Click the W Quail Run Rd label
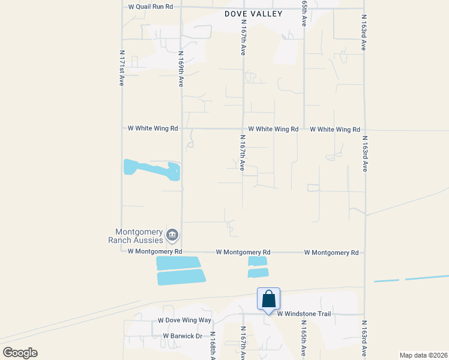coord(151,7)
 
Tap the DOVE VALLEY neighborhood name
coord(253,13)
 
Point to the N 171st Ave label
coord(122,68)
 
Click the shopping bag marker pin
coord(268,299)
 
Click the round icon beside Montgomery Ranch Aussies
coord(172,235)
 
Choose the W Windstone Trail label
coord(304,313)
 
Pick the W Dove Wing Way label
coord(184,321)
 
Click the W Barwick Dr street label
coord(182,336)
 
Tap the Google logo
coord(20,353)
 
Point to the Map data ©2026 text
coord(423,355)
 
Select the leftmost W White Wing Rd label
coord(153,128)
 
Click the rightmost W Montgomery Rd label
coord(331,253)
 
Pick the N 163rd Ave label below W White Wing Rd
coord(364,155)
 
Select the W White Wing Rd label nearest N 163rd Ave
coord(334,129)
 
